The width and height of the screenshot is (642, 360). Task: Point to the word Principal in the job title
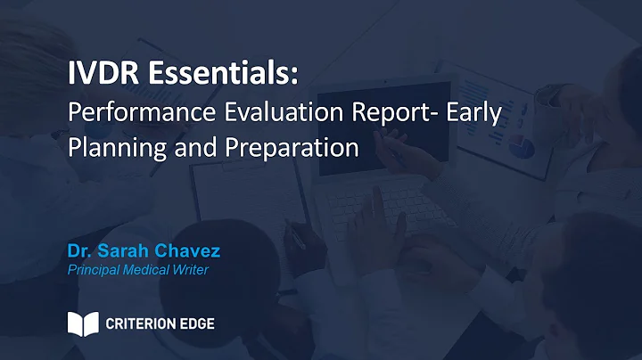pos(93,270)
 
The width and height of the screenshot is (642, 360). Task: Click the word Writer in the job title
pos(192,270)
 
